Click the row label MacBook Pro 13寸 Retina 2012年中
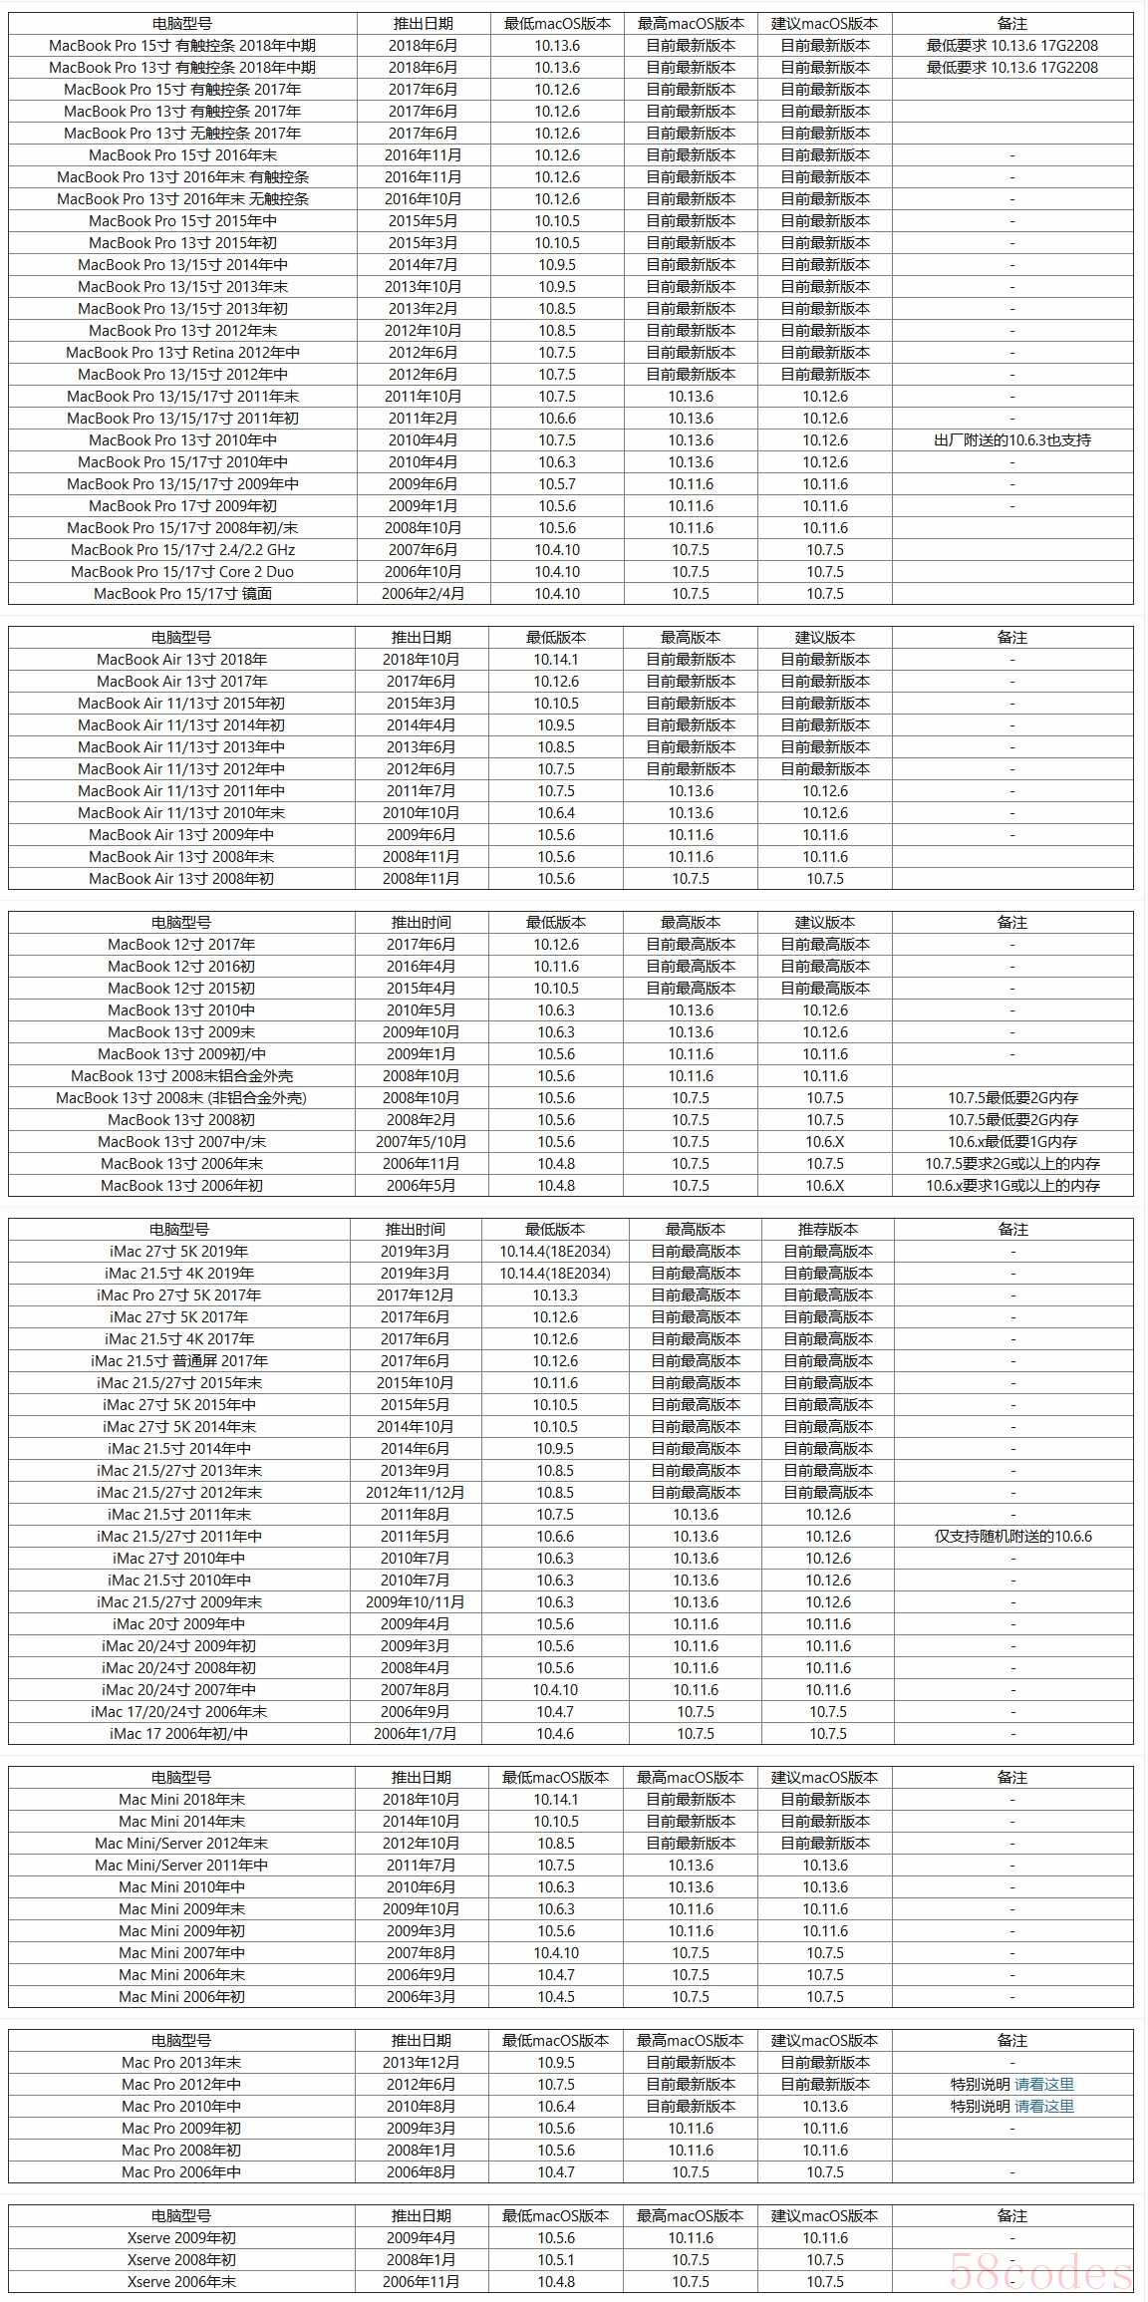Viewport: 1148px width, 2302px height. click(182, 353)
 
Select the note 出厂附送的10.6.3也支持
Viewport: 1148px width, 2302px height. click(1011, 440)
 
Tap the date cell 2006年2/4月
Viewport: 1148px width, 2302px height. click(423, 594)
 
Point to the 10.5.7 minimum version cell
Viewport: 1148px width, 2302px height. click(556, 484)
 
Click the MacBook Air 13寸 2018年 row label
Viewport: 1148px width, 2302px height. click(181, 660)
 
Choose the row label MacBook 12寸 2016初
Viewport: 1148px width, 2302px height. click(181, 967)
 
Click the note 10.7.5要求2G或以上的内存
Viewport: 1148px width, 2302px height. click(1011, 1164)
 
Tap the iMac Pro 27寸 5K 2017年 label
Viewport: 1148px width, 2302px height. click(179, 1295)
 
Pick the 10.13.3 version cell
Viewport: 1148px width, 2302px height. click(555, 1295)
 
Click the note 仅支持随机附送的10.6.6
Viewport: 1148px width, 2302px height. click(1012, 1537)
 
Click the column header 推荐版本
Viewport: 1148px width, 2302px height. click(827, 1230)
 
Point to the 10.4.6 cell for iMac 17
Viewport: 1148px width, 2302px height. click(555, 1734)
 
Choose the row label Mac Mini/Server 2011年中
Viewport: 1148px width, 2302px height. click(181, 1866)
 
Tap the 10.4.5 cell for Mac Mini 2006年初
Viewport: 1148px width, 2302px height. click(556, 1997)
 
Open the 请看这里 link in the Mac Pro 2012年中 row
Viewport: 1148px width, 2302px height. click(1044, 2085)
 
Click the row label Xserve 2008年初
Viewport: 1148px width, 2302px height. click(181, 2260)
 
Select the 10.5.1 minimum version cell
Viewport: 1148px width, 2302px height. click(556, 2260)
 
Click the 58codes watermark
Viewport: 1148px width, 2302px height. click(1040, 2274)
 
